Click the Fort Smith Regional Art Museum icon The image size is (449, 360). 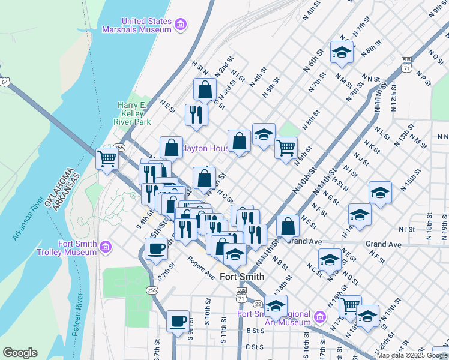pyautogui.click(x=319, y=316)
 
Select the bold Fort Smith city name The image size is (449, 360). pyautogui.click(x=242, y=277)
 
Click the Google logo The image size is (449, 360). pyautogui.click(x=20, y=353)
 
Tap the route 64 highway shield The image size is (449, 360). pyautogui.click(x=4, y=82)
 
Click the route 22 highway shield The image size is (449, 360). pyautogui.click(x=258, y=304)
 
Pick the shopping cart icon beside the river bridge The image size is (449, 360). pyautogui.click(x=107, y=159)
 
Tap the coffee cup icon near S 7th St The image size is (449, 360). pyautogui.click(x=156, y=248)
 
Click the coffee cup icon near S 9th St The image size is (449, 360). pyautogui.click(x=178, y=321)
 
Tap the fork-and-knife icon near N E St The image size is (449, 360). pyautogui.click(x=196, y=114)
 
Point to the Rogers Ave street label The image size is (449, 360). pyautogui.click(x=200, y=272)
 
